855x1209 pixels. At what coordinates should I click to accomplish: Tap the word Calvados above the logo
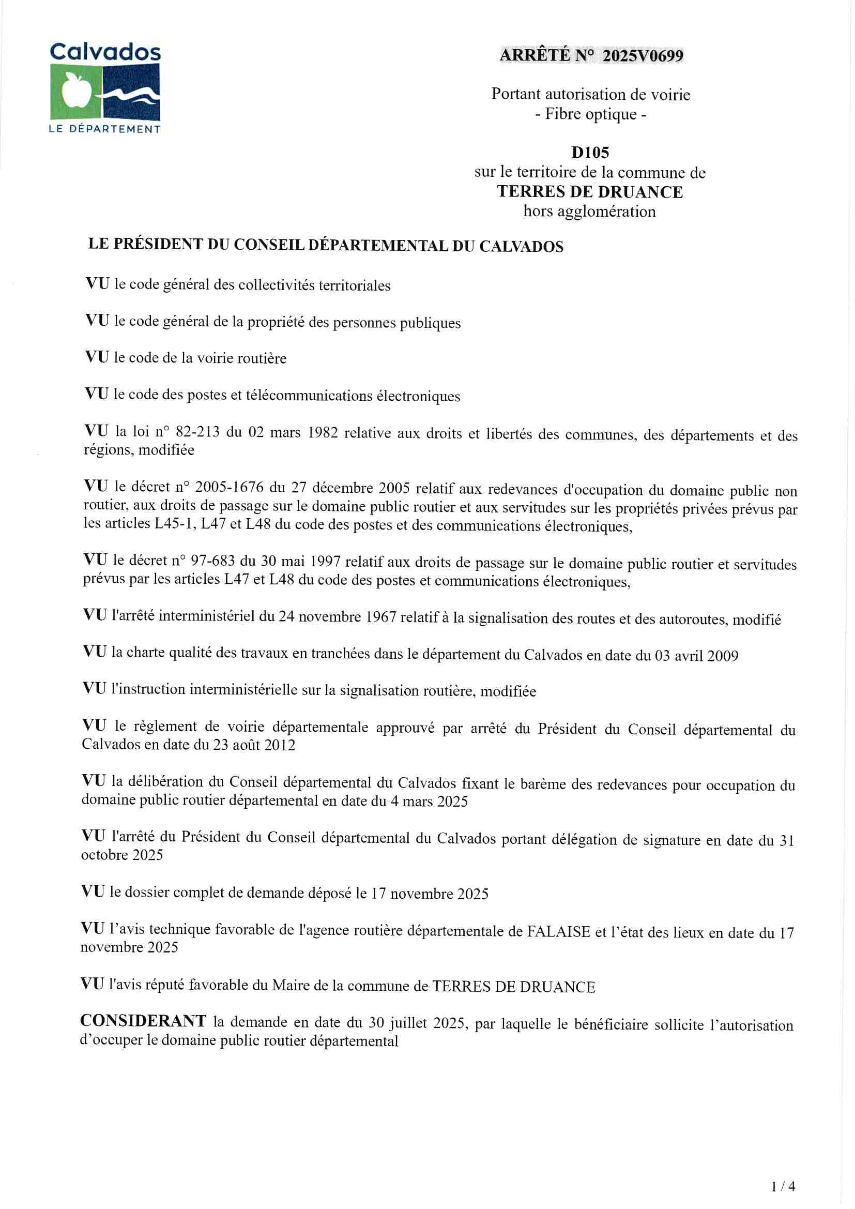click(x=105, y=52)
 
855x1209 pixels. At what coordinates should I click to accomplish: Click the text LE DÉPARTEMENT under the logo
click(x=104, y=129)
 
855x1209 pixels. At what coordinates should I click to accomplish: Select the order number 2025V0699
click(x=643, y=56)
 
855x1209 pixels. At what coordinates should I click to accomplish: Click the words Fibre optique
click(x=591, y=114)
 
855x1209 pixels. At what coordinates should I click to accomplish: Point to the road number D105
click(x=590, y=153)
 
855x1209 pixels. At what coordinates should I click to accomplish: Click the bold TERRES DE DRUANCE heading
click(x=590, y=192)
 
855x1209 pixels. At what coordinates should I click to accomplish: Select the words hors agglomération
click(x=589, y=211)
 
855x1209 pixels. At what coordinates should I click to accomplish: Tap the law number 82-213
click(x=197, y=432)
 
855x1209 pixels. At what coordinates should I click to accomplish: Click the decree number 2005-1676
click(x=230, y=487)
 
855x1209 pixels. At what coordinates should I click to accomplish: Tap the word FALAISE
click(x=559, y=932)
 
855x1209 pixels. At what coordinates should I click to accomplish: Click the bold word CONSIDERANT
click(x=143, y=1021)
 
